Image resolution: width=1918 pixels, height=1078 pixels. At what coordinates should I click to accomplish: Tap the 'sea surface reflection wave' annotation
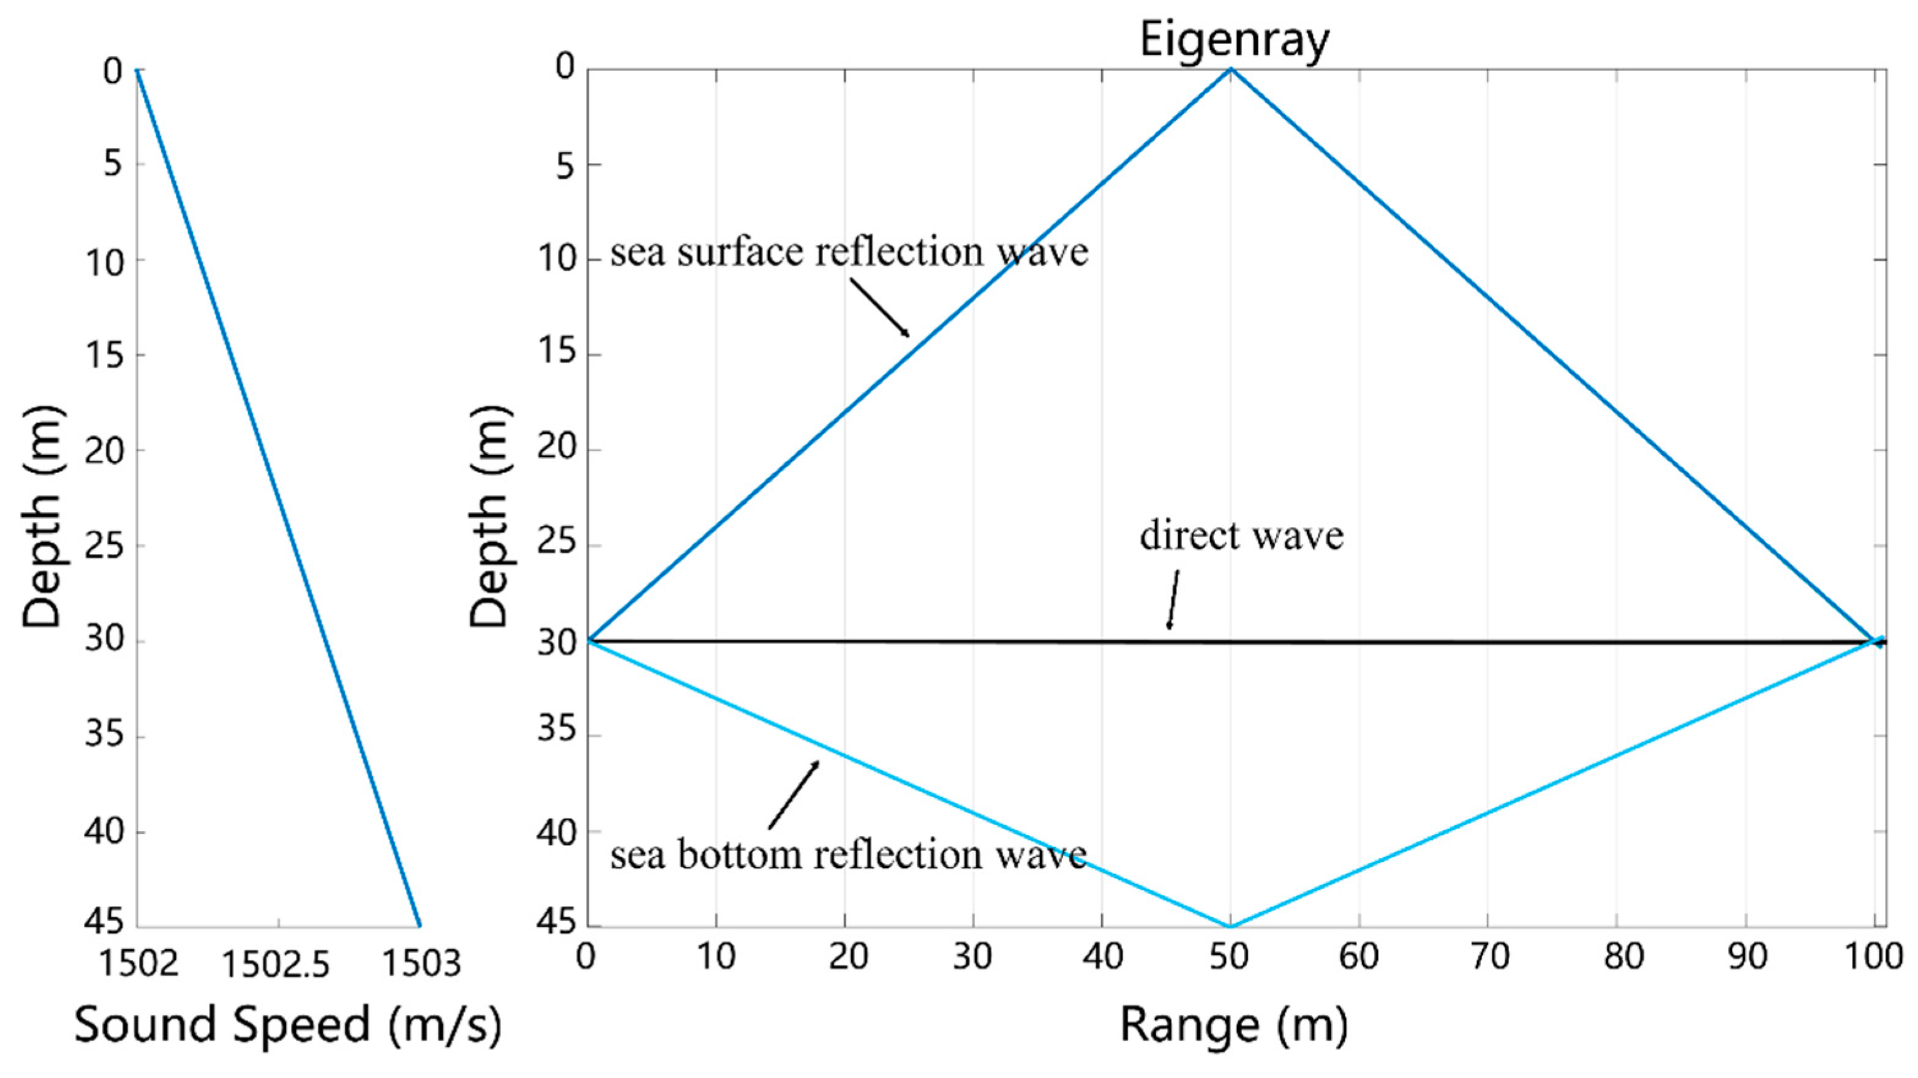(x=849, y=252)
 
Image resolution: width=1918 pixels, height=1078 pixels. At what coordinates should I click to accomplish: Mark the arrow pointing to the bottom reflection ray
(x=794, y=795)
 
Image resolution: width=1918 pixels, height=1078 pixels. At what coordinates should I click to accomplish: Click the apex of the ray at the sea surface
(x=1231, y=69)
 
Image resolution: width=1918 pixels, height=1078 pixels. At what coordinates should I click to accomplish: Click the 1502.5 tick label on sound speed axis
(x=276, y=965)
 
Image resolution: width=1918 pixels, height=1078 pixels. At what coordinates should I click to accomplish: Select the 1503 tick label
(x=421, y=964)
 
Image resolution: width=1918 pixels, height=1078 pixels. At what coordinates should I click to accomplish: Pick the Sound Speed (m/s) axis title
(x=288, y=1024)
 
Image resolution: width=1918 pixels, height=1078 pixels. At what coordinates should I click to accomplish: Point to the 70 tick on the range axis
(x=1488, y=957)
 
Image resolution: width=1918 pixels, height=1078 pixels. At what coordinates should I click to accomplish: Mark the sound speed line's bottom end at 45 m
(x=420, y=926)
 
